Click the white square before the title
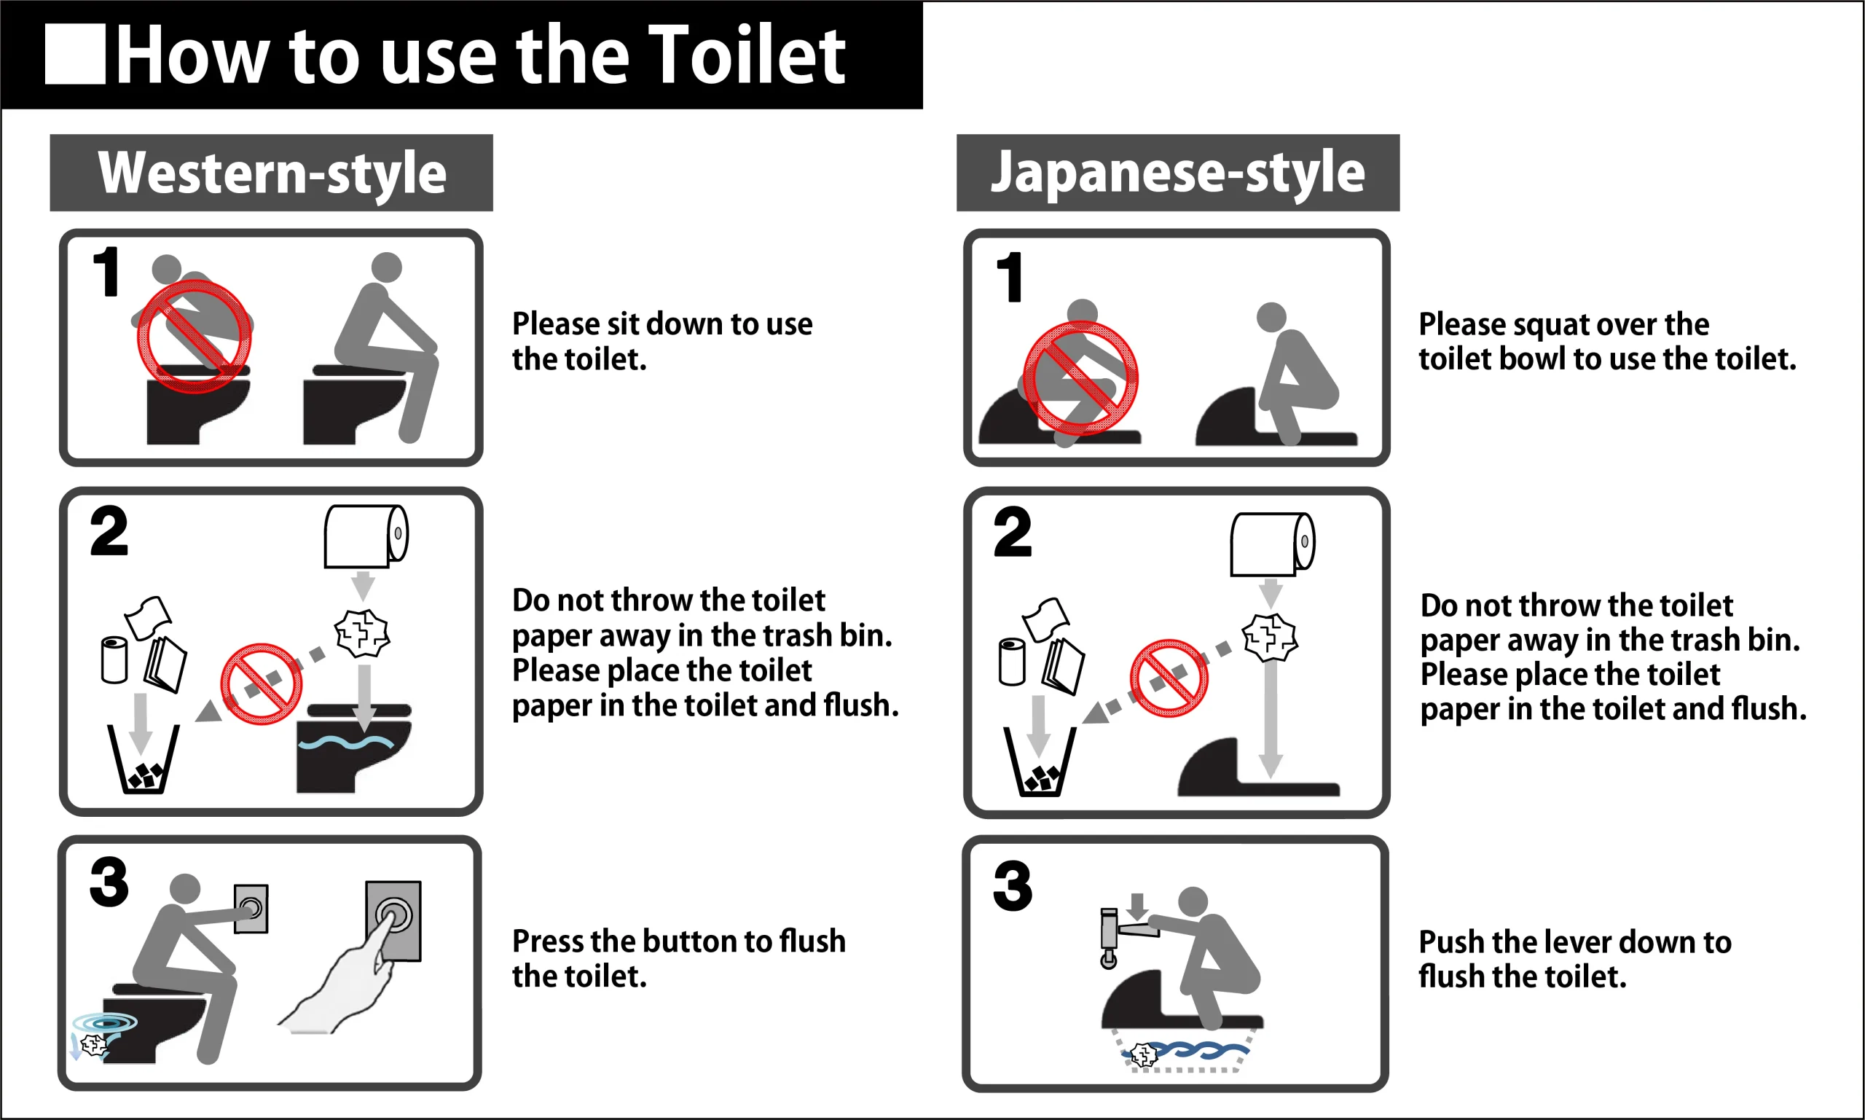coord(76,54)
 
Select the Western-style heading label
coord(272,173)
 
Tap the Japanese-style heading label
coord(1178,173)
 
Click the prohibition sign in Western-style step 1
coord(195,337)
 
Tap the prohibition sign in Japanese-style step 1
coord(1081,378)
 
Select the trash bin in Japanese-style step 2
coord(1040,761)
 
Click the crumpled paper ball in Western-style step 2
coord(362,633)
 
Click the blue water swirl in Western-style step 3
coord(105,1023)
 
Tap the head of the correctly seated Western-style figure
coord(387,267)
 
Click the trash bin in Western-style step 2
coord(144,759)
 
